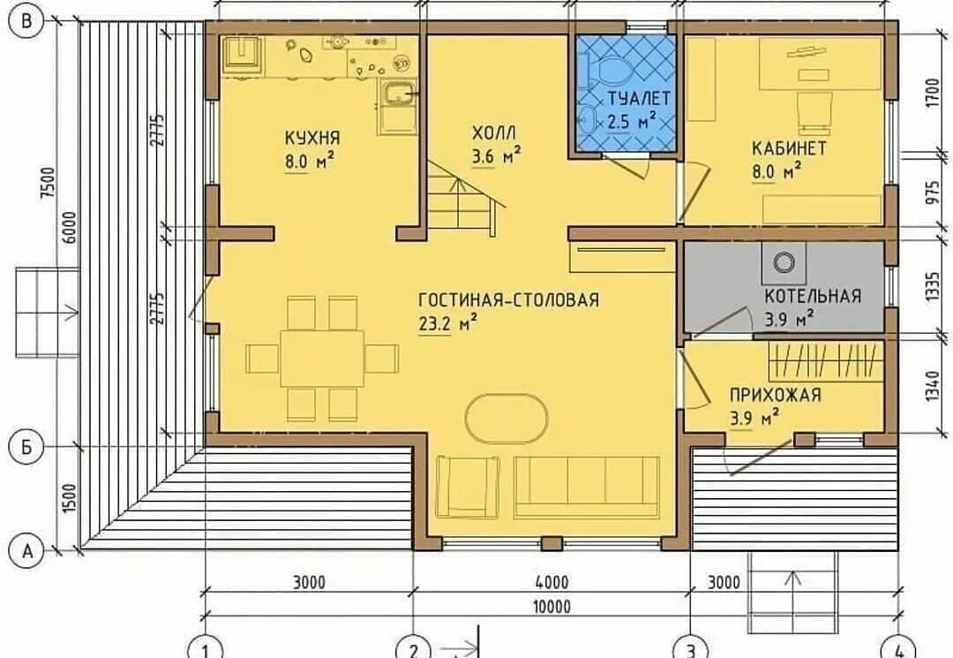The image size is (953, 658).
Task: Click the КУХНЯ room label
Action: (x=312, y=138)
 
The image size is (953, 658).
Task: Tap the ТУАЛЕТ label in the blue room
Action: (x=640, y=99)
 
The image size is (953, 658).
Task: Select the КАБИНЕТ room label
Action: (x=789, y=148)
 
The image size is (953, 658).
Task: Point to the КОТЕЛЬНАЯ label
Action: (x=813, y=296)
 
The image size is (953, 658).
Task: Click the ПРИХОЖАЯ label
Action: (x=776, y=396)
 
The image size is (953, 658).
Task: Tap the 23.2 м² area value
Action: (x=447, y=323)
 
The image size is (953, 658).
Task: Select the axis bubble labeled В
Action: (x=26, y=22)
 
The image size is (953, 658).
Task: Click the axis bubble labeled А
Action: (x=26, y=552)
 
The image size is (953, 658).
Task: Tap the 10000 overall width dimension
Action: (x=552, y=607)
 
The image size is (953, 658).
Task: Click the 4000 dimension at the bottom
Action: (x=552, y=583)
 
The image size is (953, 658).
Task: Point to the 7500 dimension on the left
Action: (x=48, y=183)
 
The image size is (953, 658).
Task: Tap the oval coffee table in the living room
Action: (x=507, y=419)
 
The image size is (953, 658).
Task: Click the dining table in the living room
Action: (x=322, y=359)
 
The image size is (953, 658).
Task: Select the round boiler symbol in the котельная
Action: (x=784, y=262)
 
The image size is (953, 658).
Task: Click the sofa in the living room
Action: (x=587, y=488)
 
